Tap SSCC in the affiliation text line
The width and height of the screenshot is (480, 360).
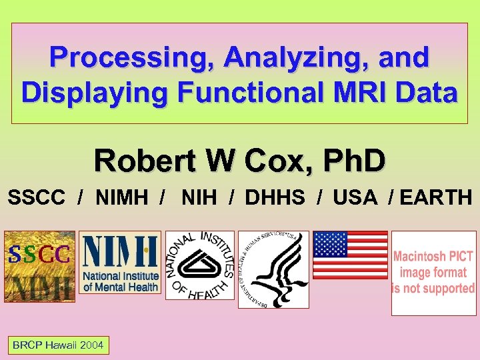(x=37, y=198)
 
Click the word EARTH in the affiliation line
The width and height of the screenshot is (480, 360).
(x=439, y=198)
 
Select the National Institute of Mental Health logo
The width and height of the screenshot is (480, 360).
(x=120, y=263)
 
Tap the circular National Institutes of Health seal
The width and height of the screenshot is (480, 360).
(x=200, y=265)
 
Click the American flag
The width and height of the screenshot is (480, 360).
(x=350, y=255)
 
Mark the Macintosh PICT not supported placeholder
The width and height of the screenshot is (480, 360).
(x=433, y=273)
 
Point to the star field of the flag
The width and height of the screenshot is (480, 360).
(x=330, y=244)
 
